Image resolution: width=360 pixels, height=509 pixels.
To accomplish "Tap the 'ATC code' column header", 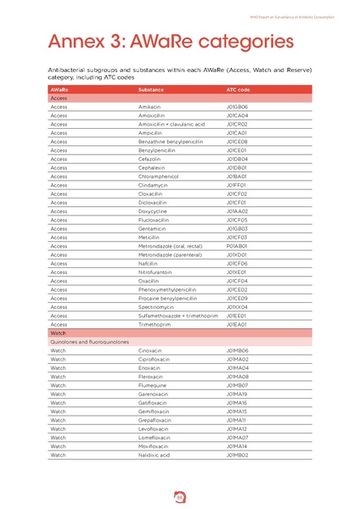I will pyautogui.click(x=238, y=89).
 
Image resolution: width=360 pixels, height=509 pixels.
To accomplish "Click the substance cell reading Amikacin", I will pyautogui.click(x=150, y=107).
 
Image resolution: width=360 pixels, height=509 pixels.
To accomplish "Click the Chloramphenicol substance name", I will pyautogui.click(x=159, y=176).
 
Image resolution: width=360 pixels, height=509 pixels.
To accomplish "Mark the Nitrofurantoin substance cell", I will pyautogui.click(x=155, y=272).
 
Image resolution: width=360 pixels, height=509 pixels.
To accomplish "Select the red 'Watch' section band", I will pyautogui.click(x=179, y=333).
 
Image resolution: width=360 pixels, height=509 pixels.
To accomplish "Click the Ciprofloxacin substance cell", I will pyautogui.click(x=155, y=359).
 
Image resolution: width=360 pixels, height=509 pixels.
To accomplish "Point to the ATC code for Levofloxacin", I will pyautogui.click(x=237, y=428).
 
